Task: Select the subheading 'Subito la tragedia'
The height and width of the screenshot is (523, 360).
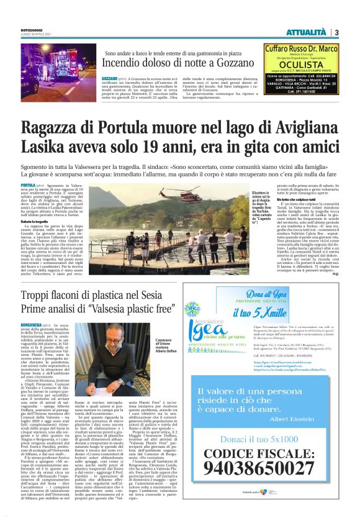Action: [x=34, y=221]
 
